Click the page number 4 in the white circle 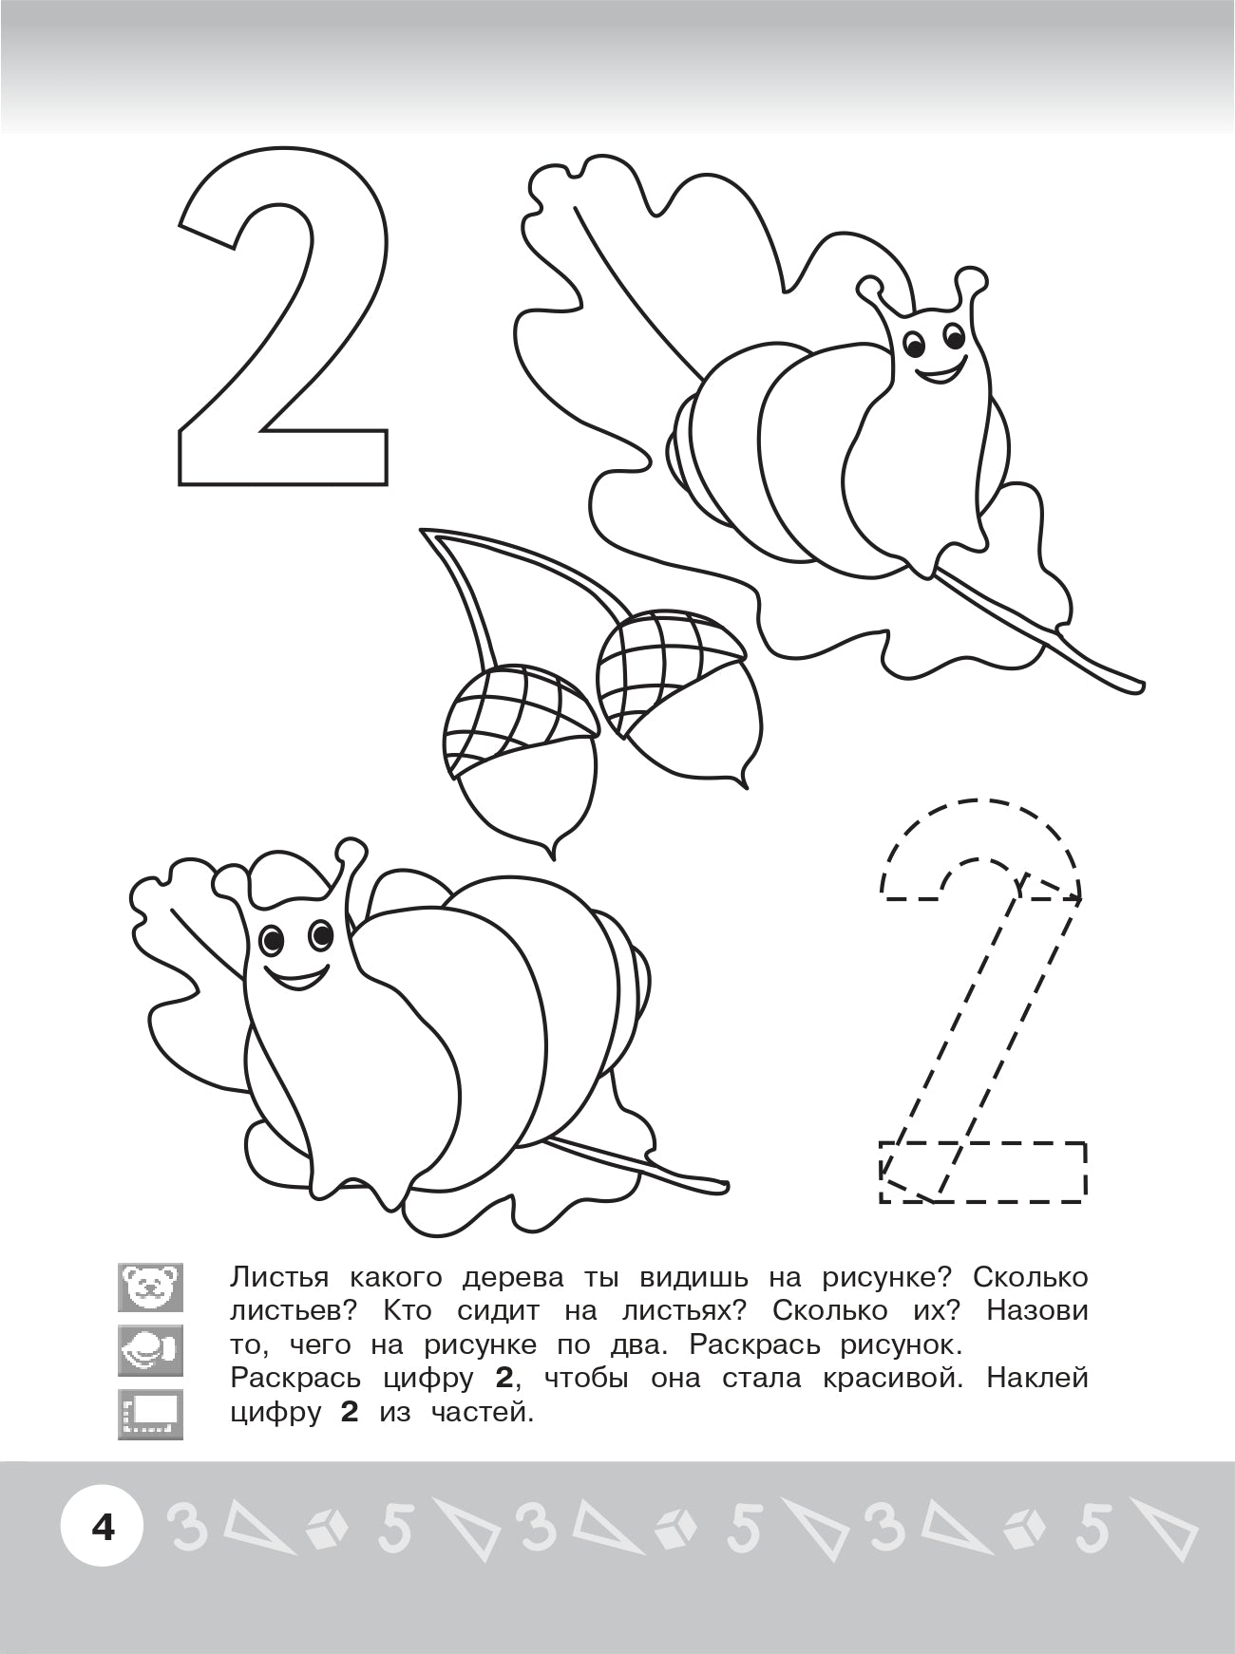pos(102,1528)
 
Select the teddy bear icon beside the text pos(150,1287)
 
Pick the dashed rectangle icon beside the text pos(150,1415)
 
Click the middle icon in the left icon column pos(150,1351)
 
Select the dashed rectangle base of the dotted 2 pos(982,1172)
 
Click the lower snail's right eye pos(321,936)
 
